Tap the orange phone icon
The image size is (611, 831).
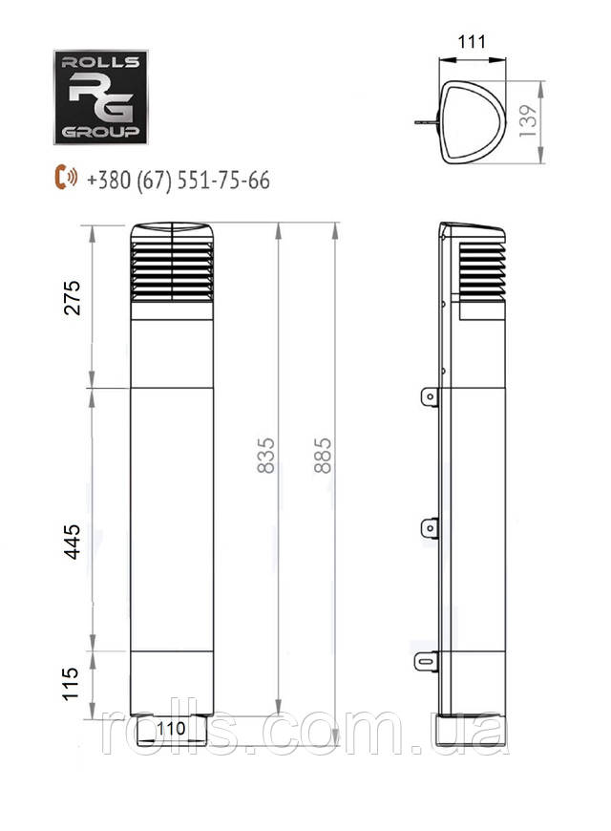[66, 178]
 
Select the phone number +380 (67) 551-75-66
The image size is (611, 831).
[178, 180]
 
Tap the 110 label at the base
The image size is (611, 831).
[171, 728]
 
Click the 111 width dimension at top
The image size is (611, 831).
[473, 43]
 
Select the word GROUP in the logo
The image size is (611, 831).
[100, 132]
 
